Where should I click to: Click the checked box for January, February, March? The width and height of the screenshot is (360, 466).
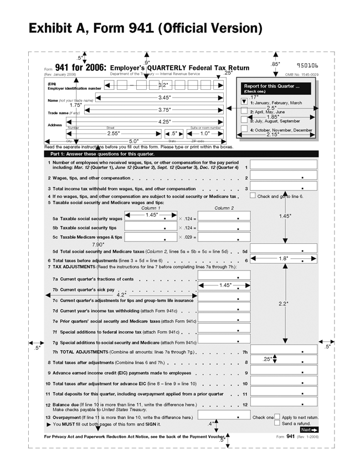click(244, 102)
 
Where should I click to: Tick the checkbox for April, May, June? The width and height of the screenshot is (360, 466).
click(244, 111)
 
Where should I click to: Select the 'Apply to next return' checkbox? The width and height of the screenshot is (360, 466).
click(277, 417)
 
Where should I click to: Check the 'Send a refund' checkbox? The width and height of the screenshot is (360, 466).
click(277, 423)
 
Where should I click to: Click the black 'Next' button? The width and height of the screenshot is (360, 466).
click(309, 429)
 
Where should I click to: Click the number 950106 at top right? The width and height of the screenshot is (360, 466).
click(307, 66)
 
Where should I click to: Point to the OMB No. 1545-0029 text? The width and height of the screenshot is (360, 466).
click(302, 74)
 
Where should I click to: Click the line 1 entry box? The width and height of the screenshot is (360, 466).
click(284, 165)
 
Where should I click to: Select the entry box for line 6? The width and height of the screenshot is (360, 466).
click(284, 259)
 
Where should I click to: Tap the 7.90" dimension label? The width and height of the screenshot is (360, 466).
click(97, 244)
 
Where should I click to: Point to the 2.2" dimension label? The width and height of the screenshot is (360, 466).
click(283, 303)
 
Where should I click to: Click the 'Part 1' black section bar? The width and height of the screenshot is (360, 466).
click(181, 153)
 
